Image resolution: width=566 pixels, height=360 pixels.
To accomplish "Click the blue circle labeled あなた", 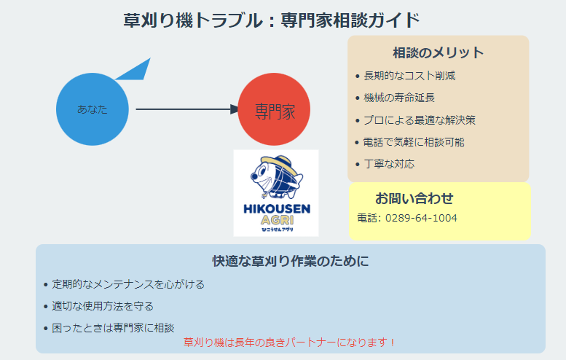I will click(93, 109).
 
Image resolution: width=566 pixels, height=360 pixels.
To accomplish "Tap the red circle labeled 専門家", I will click(275, 111).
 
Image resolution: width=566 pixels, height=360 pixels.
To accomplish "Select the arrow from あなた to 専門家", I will click(186, 109).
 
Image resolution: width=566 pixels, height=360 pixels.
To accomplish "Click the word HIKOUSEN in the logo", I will click(276, 209).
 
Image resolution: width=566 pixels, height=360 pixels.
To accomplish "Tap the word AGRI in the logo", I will click(276, 220).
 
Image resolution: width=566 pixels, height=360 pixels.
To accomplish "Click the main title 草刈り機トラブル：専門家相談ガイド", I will click(272, 20).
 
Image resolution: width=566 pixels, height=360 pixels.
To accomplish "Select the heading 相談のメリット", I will click(438, 52).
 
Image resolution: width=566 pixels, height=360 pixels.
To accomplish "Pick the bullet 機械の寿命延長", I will click(399, 98).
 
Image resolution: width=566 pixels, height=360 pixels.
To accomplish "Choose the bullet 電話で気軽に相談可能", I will click(414, 142).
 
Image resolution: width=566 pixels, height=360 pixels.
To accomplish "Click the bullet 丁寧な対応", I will click(389, 164).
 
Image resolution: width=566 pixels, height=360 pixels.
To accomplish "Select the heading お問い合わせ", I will click(414, 198).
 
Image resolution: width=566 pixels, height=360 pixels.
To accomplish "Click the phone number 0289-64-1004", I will click(421, 218).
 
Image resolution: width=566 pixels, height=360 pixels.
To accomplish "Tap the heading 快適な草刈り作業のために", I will click(290, 261).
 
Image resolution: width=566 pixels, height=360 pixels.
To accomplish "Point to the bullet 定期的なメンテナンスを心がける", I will click(128, 284).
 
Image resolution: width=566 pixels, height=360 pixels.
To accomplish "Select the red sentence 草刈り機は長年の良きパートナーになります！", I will click(290, 341).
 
